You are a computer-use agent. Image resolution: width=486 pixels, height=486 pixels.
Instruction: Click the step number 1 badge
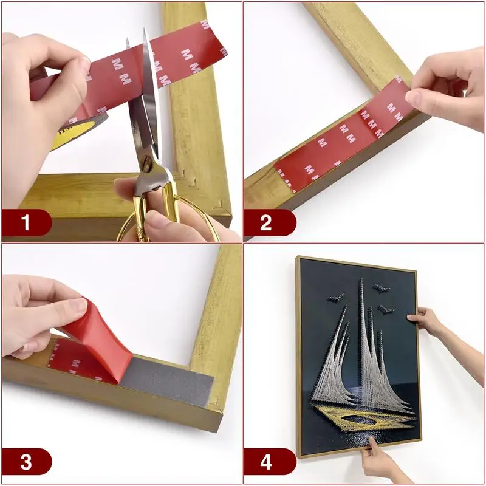coord(26,223)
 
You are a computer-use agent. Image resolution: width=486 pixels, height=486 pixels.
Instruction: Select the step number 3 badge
coord(26,462)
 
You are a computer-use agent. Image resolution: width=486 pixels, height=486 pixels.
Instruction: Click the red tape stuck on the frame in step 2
coord(340,140)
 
